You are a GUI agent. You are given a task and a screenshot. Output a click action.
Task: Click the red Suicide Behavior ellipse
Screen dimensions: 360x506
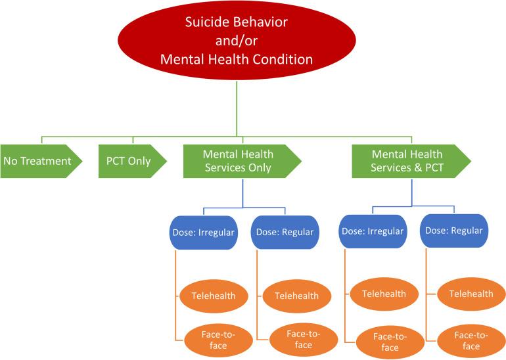[x=236, y=41]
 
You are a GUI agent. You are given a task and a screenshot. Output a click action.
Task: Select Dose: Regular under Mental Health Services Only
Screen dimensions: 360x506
[x=285, y=233]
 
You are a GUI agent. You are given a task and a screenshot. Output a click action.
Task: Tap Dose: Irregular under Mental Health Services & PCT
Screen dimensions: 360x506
[x=371, y=231]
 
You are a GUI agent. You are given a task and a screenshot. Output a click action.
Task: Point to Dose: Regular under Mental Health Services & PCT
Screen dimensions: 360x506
[x=453, y=231]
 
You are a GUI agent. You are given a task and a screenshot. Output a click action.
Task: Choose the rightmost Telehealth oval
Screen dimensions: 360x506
[x=471, y=294]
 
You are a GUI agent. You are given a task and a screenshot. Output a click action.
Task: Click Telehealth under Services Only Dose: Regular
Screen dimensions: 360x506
[x=295, y=296]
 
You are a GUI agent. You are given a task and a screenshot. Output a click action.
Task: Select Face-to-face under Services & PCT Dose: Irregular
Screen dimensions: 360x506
[x=389, y=342]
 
